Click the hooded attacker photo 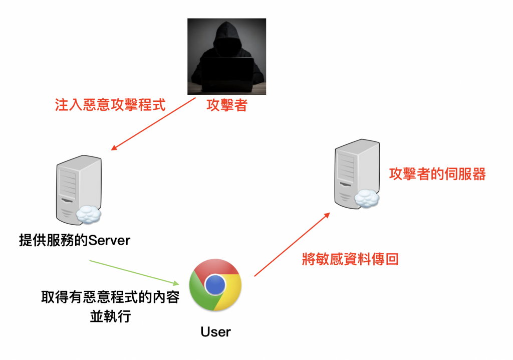point(226,56)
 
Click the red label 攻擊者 point(226,106)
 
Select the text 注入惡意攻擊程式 point(110,106)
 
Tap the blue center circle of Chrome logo point(215,285)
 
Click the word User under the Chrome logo point(215,331)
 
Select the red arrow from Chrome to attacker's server point(292,244)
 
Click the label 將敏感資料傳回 point(350,259)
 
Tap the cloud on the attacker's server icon point(367,200)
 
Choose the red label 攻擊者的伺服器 point(437,174)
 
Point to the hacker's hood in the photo point(226,35)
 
